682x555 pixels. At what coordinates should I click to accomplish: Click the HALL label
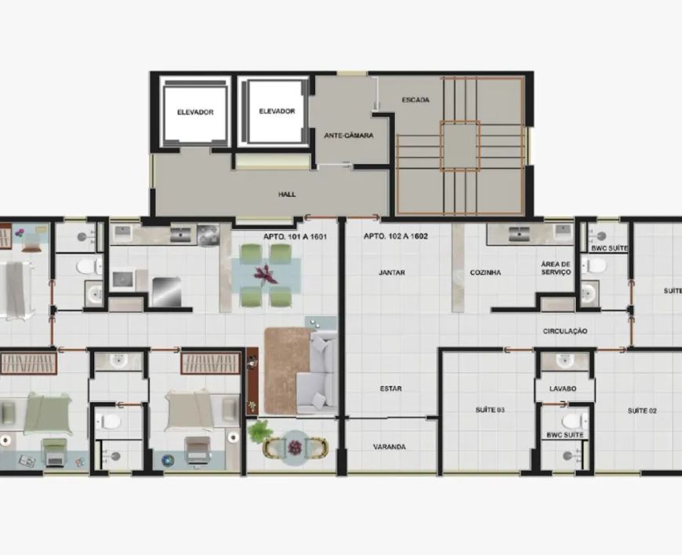287,195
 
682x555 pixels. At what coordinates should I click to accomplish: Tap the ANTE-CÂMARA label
349,136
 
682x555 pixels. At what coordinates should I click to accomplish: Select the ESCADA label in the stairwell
415,100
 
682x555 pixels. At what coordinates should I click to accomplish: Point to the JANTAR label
392,272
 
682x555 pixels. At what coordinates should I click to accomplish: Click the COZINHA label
485,272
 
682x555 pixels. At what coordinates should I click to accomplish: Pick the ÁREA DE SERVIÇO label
556,268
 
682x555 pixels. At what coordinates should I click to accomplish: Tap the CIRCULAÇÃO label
565,331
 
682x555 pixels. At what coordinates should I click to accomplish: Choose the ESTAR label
390,389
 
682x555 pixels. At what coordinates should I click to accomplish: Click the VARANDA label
390,447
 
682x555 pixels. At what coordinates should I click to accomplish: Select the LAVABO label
563,389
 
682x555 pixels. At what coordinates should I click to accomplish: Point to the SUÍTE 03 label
490,410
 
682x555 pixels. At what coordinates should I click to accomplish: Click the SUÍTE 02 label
642,411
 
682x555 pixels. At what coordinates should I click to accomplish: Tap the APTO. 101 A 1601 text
295,236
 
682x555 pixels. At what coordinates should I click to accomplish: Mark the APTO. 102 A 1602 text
395,236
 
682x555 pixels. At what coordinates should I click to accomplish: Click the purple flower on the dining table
265,276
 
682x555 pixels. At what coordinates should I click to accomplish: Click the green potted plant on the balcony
259,432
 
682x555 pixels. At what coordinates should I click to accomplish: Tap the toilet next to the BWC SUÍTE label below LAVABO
575,422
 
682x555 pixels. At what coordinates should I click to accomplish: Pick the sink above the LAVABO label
565,361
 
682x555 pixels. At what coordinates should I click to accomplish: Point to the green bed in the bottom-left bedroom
48,414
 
